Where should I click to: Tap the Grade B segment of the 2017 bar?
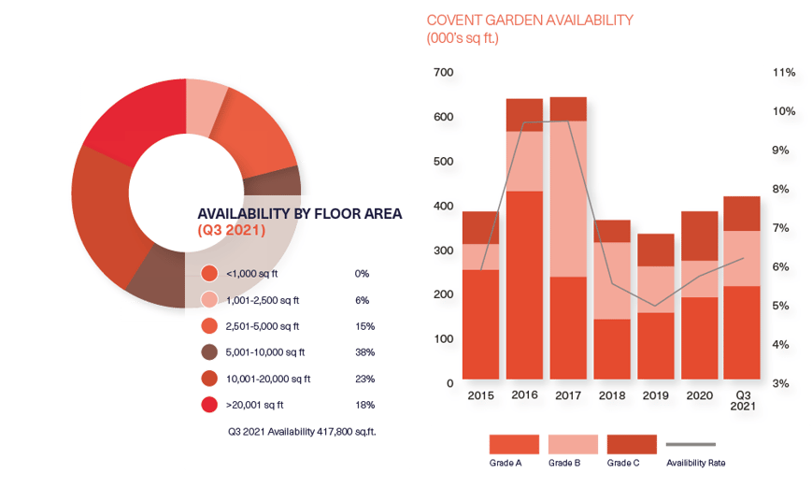(568, 199)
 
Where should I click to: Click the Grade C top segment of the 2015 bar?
(481, 227)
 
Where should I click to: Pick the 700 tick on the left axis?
(444, 73)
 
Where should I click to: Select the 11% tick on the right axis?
(784, 73)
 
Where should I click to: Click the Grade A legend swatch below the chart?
(514, 443)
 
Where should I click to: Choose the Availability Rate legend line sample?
(691, 443)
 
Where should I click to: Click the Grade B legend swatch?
(573, 443)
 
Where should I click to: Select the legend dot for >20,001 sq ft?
(209, 405)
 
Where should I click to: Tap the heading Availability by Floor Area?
(299, 214)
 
